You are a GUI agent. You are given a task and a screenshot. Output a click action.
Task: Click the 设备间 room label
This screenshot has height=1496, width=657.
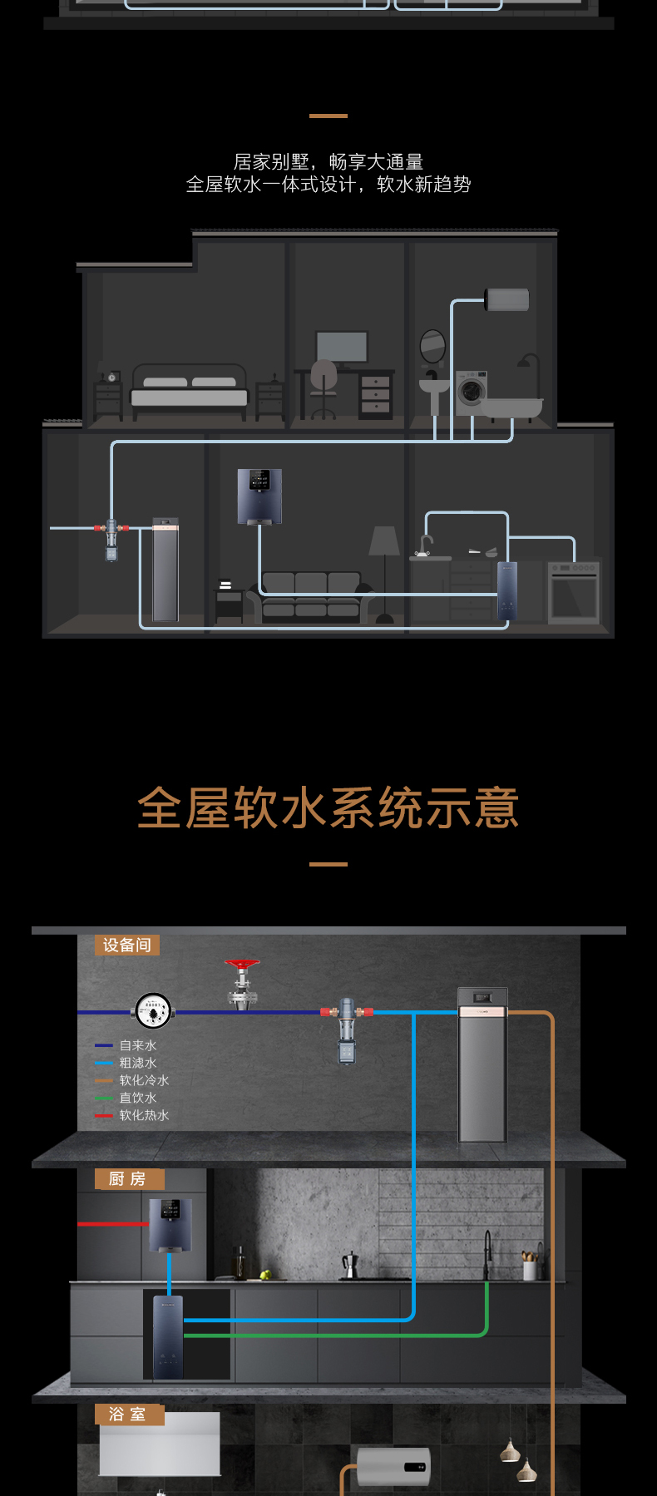point(126,945)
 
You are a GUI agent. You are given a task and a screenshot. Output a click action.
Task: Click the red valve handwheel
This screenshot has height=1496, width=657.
point(242,965)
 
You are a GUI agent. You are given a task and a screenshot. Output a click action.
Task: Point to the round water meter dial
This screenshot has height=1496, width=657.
point(153,1011)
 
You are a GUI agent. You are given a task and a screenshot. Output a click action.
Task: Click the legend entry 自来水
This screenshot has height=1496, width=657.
point(137,1045)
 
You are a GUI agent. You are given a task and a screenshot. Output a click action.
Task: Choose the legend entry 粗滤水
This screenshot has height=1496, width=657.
point(137,1063)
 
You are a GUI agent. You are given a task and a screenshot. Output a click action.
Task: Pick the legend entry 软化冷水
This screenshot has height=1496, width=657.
point(143,1080)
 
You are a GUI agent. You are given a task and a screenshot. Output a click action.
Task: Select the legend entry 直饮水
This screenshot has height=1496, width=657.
point(137,1098)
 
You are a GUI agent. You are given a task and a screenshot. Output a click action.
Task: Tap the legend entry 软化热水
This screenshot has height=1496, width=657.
point(143,1115)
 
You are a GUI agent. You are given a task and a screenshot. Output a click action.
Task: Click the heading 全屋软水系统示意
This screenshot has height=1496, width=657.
point(328,807)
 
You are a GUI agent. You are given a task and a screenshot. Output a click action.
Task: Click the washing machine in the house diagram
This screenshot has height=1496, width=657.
point(471,390)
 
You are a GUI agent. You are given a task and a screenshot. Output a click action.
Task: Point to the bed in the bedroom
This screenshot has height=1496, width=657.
point(190,389)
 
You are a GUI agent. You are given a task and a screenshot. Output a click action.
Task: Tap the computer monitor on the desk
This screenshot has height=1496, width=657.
point(342,346)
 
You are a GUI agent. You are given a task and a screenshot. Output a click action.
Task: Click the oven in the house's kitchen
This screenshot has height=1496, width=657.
point(573,591)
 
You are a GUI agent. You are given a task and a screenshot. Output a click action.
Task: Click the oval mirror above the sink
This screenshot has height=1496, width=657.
point(432,346)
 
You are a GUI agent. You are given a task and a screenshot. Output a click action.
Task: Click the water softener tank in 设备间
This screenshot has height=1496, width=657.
point(482,1064)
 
